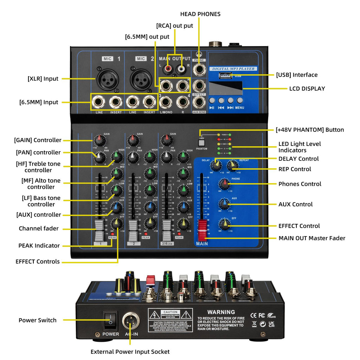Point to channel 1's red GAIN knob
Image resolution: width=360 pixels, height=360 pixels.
pyautogui.click(x=99, y=140)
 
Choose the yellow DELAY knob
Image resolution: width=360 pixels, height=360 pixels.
pyautogui.click(x=216, y=165)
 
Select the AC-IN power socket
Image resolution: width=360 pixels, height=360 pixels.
pyautogui.click(x=130, y=321)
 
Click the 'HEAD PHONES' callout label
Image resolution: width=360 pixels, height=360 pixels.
pyautogui.click(x=200, y=14)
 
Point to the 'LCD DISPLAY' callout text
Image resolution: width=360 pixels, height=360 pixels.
pyautogui.click(x=307, y=89)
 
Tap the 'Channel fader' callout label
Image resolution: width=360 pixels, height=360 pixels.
pyautogui.click(x=39, y=229)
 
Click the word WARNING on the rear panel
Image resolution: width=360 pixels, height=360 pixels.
pyautogui.click(x=221, y=312)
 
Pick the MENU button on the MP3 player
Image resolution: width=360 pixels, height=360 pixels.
pyautogui.click(x=240, y=101)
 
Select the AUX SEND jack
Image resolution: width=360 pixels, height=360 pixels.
pyautogui.click(x=199, y=102)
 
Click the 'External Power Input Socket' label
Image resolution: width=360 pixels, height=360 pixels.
pyautogui.click(x=130, y=352)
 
